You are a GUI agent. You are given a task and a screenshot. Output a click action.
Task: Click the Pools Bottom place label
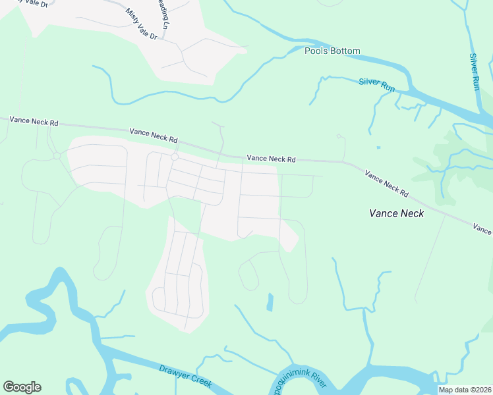point(332,51)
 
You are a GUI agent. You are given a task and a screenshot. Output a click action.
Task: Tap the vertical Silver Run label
point(475,72)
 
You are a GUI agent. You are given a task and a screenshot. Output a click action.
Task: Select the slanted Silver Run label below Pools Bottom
point(377,85)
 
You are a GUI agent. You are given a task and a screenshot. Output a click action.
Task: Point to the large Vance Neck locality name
point(396,213)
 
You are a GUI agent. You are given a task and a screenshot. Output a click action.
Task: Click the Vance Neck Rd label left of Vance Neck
point(386,184)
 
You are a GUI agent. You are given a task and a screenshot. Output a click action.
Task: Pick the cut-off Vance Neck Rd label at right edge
point(482,229)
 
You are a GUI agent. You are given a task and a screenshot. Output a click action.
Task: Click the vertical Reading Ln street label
point(163,14)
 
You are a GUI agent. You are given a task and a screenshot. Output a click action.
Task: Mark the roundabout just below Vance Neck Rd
point(175,157)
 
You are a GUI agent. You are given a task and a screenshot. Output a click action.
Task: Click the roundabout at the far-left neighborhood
point(58,155)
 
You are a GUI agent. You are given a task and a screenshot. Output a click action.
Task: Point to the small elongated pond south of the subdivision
point(269,302)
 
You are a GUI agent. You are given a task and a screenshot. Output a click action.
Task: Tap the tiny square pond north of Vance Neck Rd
point(378,147)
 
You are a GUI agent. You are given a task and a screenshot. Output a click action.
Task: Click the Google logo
point(22,387)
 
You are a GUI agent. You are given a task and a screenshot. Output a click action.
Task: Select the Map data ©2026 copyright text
point(465,390)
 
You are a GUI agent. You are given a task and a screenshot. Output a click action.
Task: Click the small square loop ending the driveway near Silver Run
point(339,136)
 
